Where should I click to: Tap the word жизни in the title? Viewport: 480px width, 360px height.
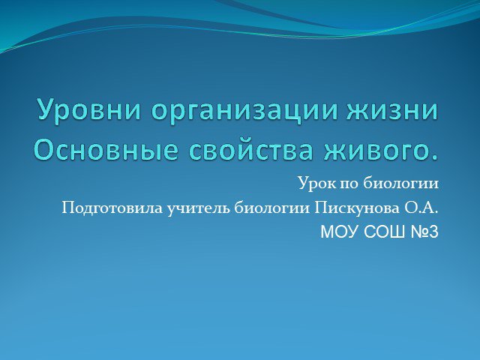point(392,109)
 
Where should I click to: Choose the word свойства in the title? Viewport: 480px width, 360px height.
point(251,150)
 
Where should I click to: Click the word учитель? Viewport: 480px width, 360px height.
point(199,208)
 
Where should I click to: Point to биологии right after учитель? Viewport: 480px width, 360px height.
point(272,208)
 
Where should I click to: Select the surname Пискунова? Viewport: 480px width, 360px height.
point(357,208)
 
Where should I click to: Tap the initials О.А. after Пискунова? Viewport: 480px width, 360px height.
point(421,208)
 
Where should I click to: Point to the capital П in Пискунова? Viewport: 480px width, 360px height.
point(320,208)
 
